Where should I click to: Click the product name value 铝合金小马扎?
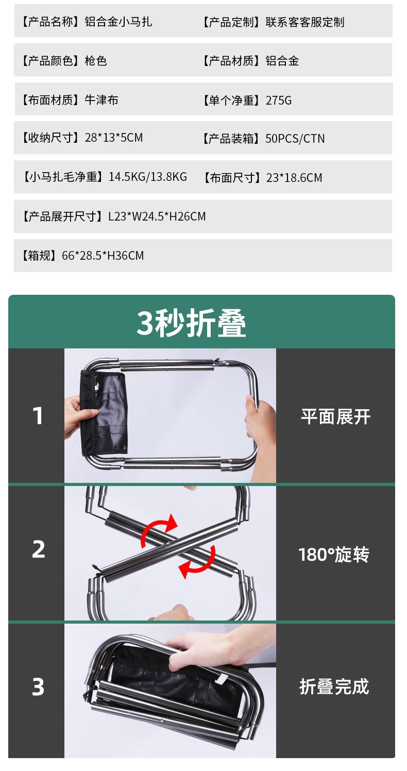coord(118,22)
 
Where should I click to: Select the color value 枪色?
coord(96,61)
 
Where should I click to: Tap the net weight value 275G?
coord(279,100)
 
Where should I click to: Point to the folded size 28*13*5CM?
coord(113,138)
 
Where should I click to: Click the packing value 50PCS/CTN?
coord(295,139)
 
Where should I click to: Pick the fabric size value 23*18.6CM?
coord(294,178)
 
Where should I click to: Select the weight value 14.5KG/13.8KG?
coord(148,177)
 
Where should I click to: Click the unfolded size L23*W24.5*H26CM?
coord(157,216)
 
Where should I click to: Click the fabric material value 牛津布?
coord(101,100)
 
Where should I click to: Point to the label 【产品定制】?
coord(232,22)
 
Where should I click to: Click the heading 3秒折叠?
coord(192,323)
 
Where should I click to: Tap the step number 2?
coord(39,549)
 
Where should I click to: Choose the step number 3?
coord(38,687)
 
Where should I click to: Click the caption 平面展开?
coord(335,417)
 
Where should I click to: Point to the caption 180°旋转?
coord(334,555)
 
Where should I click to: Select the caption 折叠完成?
coord(334,687)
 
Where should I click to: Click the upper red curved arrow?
coord(159,529)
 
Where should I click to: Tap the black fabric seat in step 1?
coord(106,412)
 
